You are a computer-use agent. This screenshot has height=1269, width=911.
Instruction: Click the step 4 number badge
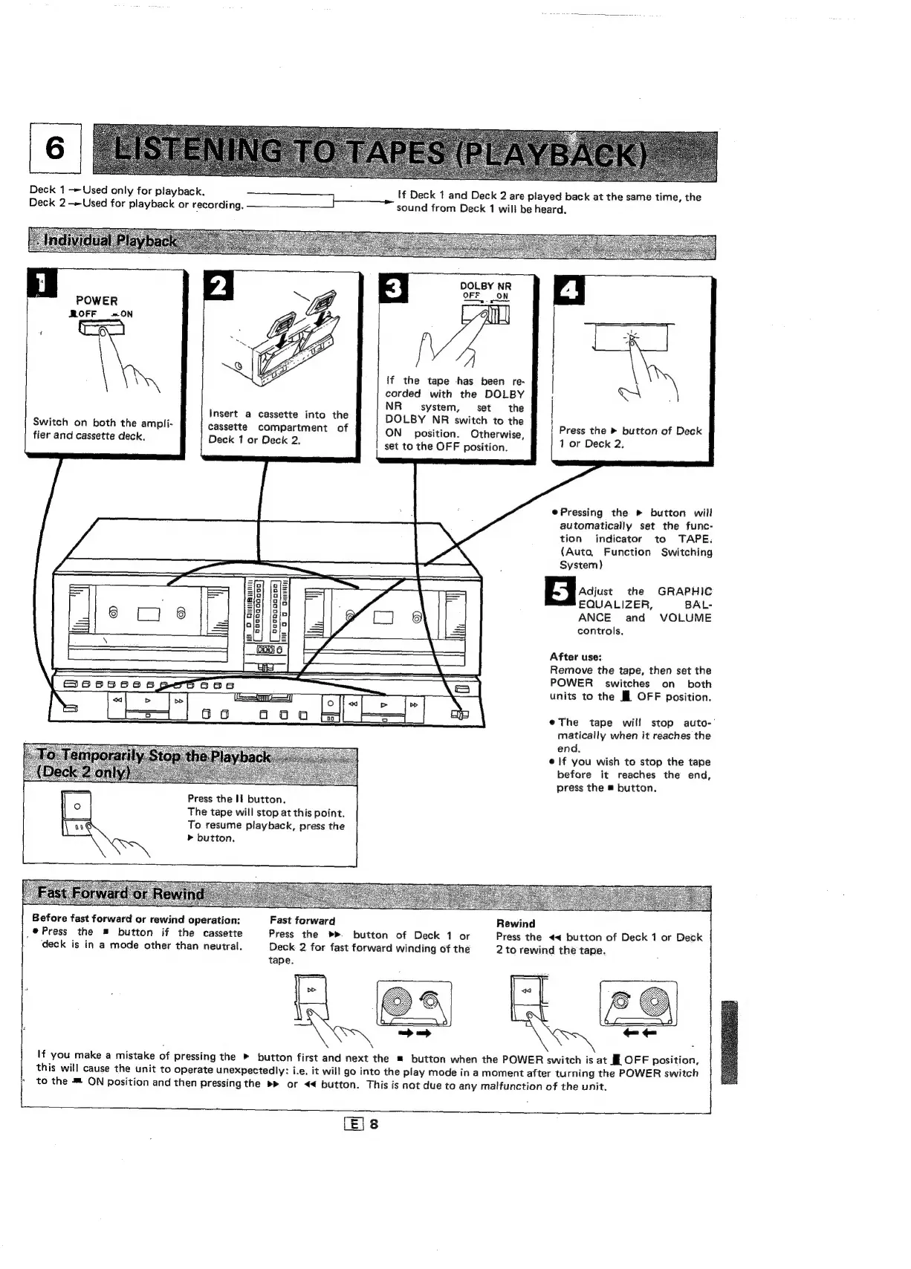tap(570, 290)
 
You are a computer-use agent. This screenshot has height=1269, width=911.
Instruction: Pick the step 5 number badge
tap(561, 594)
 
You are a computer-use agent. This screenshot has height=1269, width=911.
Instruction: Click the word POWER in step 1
tap(97, 301)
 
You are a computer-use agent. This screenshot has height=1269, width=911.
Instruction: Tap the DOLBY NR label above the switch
tap(486, 286)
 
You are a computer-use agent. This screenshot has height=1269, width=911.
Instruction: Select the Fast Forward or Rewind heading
tap(120, 894)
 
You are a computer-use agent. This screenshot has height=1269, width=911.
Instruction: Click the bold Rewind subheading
tap(516, 924)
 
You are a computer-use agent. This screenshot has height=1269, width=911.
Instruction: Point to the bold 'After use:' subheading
tap(576, 657)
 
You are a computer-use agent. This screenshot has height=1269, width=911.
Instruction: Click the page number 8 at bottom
tap(374, 1124)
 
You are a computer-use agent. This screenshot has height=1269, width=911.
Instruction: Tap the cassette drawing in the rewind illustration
tap(638, 1003)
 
